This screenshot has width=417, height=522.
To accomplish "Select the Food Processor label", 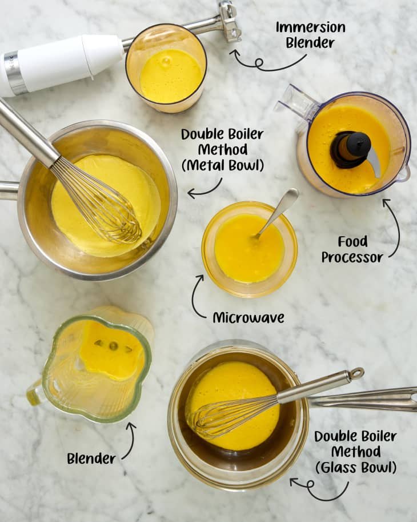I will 352,249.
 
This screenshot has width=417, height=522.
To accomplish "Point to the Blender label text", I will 91,458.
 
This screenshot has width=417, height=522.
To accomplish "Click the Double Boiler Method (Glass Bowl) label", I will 355,452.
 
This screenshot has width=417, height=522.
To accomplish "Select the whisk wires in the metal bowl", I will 103,203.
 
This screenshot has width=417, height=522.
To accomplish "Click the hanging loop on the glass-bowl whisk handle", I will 356,373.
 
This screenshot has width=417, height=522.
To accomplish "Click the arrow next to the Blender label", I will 130,440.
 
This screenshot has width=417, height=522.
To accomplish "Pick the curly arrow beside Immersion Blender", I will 264,62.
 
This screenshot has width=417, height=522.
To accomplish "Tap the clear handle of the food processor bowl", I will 296,103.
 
